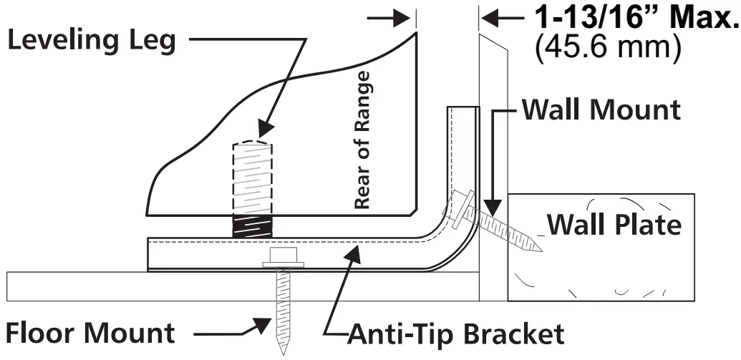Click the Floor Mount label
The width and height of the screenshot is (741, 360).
(91, 333)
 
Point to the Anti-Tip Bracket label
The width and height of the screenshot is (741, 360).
(456, 334)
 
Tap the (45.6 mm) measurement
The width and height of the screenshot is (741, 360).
(606, 48)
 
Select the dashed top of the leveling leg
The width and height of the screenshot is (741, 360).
(252, 142)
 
